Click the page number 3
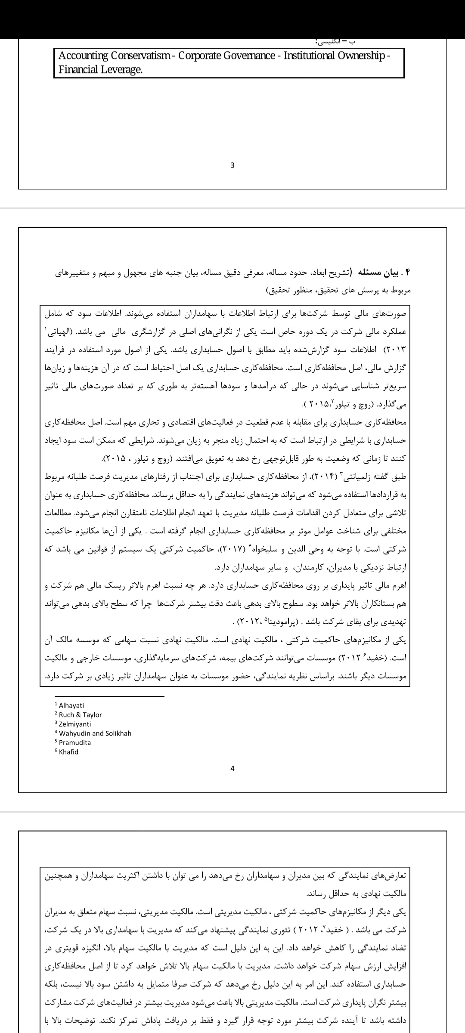[x=232, y=165]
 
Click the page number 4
[x=232, y=769]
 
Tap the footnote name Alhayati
[x=71, y=705]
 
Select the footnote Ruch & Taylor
[x=81, y=715]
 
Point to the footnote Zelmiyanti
[x=75, y=724]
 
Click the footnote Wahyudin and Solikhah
[x=95, y=733]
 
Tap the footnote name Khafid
[x=69, y=752]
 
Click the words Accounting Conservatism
[x=114, y=56]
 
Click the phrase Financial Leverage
[x=100, y=70]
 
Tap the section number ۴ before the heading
[x=408, y=273]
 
